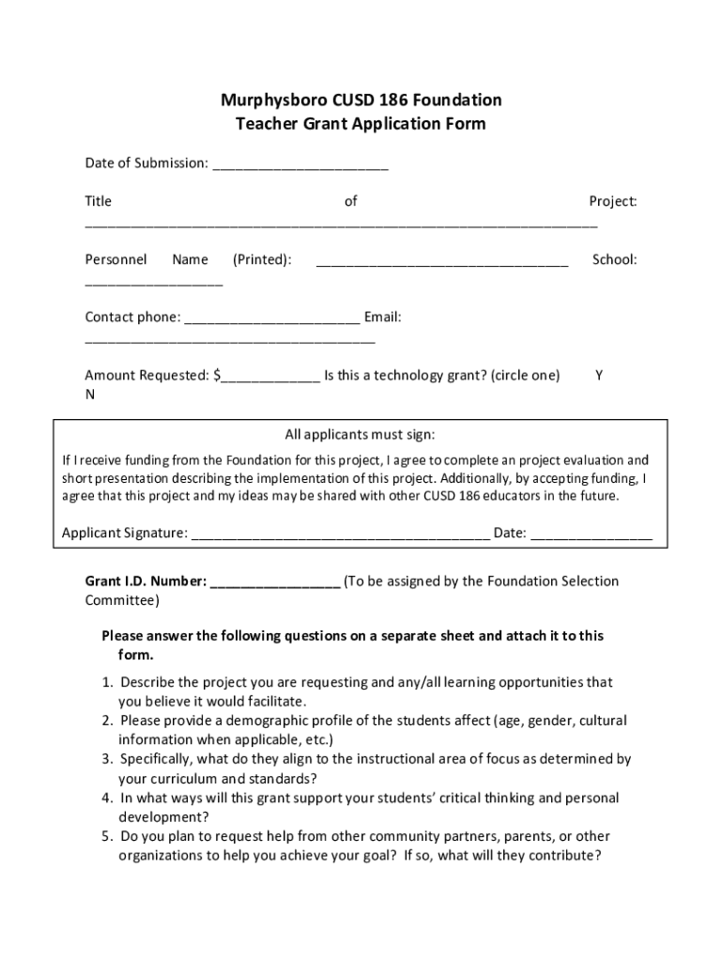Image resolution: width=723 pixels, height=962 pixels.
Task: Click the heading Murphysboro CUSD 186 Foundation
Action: pyautogui.click(x=361, y=100)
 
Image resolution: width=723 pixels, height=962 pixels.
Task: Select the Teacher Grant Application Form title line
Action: pyautogui.click(x=361, y=124)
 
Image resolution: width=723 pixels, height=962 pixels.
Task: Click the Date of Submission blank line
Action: pyautogui.click(x=300, y=166)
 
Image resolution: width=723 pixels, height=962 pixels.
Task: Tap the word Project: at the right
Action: pyautogui.click(x=612, y=201)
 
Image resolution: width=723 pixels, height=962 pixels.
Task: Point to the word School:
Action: pyautogui.click(x=614, y=259)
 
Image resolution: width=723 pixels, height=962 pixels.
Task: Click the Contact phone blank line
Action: pyautogui.click(x=271, y=320)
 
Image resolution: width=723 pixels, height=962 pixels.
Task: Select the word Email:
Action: pyautogui.click(x=383, y=318)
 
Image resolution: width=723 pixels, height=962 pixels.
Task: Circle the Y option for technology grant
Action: pyautogui.click(x=599, y=376)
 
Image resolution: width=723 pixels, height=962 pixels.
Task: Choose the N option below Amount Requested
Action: pyautogui.click(x=90, y=395)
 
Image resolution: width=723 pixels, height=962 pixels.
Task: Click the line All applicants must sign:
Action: pyautogui.click(x=361, y=435)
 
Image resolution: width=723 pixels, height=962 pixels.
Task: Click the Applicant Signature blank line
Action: pyautogui.click(x=340, y=536)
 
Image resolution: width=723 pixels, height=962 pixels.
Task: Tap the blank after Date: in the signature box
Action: pyautogui.click(x=591, y=536)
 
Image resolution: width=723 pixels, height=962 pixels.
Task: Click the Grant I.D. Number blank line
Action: pyautogui.click(x=275, y=584)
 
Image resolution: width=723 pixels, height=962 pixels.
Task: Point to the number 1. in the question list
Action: pyautogui.click(x=108, y=682)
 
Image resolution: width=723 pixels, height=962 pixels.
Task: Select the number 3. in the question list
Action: pyautogui.click(x=108, y=759)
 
